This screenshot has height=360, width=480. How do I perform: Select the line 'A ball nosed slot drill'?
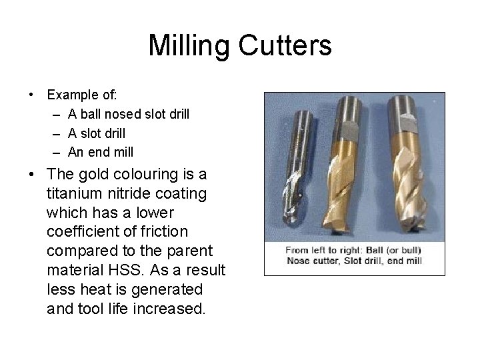128,115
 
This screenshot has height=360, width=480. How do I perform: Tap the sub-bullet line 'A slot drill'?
96,133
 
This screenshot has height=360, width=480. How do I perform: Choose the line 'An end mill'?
100,152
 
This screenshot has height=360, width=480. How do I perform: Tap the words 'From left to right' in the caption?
323,250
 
